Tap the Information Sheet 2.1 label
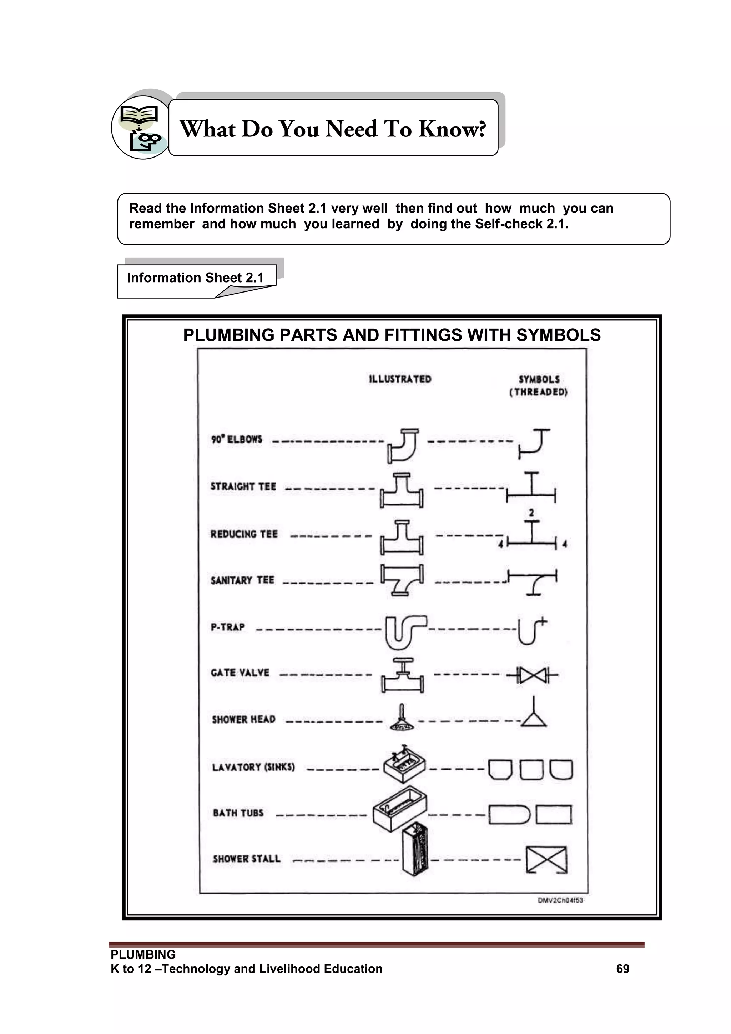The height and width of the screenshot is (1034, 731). click(195, 278)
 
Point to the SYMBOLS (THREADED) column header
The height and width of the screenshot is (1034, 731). click(539, 385)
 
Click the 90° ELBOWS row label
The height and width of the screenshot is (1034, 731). click(237, 439)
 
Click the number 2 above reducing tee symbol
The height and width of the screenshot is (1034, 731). click(531, 513)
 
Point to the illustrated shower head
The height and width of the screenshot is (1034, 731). click(402, 720)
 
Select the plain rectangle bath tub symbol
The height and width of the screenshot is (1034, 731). click(554, 815)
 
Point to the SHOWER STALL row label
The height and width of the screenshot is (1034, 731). click(247, 859)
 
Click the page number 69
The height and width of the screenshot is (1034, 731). click(622, 969)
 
